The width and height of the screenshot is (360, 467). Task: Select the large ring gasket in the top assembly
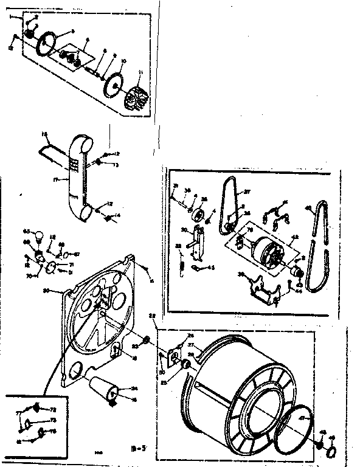click(48, 43)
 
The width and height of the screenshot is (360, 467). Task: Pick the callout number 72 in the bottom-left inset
click(52, 410)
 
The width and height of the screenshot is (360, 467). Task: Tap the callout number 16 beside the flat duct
click(44, 133)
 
